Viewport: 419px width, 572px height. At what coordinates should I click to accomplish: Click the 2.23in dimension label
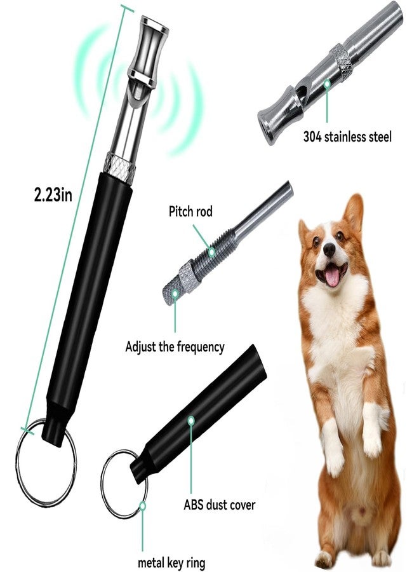(53, 195)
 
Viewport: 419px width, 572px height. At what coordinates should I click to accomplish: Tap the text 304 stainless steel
(347, 137)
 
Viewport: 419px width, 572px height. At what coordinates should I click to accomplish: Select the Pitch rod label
(190, 211)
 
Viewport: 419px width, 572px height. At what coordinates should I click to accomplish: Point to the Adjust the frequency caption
(175, 346)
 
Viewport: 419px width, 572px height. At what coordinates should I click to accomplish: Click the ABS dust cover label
(219, 505)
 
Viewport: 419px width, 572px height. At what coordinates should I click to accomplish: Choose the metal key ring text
(171, 562)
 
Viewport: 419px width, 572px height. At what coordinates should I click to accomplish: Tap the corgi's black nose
(329, 250)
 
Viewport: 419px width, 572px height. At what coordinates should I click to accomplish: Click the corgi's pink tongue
(332, 277)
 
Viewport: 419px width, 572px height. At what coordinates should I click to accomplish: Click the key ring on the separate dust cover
(105, 485)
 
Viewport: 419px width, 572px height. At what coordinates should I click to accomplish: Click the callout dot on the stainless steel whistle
(327, 84)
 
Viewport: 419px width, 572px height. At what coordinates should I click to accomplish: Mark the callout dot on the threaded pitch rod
(211, 251)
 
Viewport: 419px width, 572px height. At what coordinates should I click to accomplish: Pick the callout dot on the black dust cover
(191, 421)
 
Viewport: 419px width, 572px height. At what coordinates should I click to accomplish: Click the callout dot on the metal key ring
(143, 506)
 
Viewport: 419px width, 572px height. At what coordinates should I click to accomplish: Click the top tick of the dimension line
(125, 8)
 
